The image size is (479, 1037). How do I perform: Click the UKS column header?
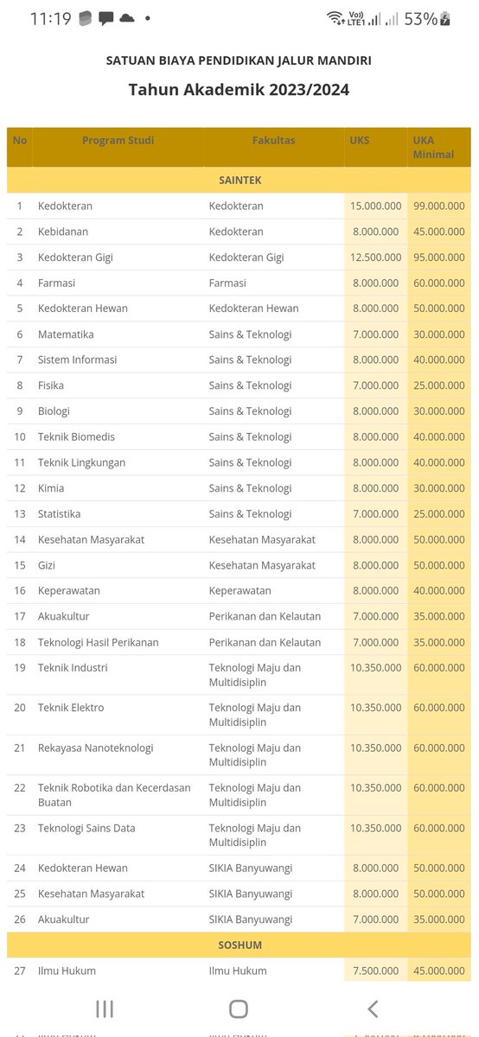[x=360, y=140]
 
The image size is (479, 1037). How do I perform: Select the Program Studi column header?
[x=118, y=140]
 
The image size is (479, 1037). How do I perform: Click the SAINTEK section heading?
[x=239, y=180]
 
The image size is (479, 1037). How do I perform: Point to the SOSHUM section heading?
[x=239, y=945]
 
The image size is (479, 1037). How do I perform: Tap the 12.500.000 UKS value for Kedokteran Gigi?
[x=375, y=258]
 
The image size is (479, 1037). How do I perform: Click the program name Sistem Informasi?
[x=77, y=359]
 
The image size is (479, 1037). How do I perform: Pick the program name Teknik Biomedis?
[x=76, y=436]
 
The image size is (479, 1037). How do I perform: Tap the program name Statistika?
[x=59, y=514]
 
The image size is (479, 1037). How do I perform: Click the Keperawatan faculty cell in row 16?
[x=239, y=591]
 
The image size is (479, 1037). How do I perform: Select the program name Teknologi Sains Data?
[x=86, y=828]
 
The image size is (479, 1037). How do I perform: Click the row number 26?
[x=20, y=919]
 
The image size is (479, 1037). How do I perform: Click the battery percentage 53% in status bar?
[x=419, y=18]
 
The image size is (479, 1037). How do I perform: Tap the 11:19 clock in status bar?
[x=50, y=18]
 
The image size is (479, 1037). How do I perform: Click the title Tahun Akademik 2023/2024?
[x=239, y=89]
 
